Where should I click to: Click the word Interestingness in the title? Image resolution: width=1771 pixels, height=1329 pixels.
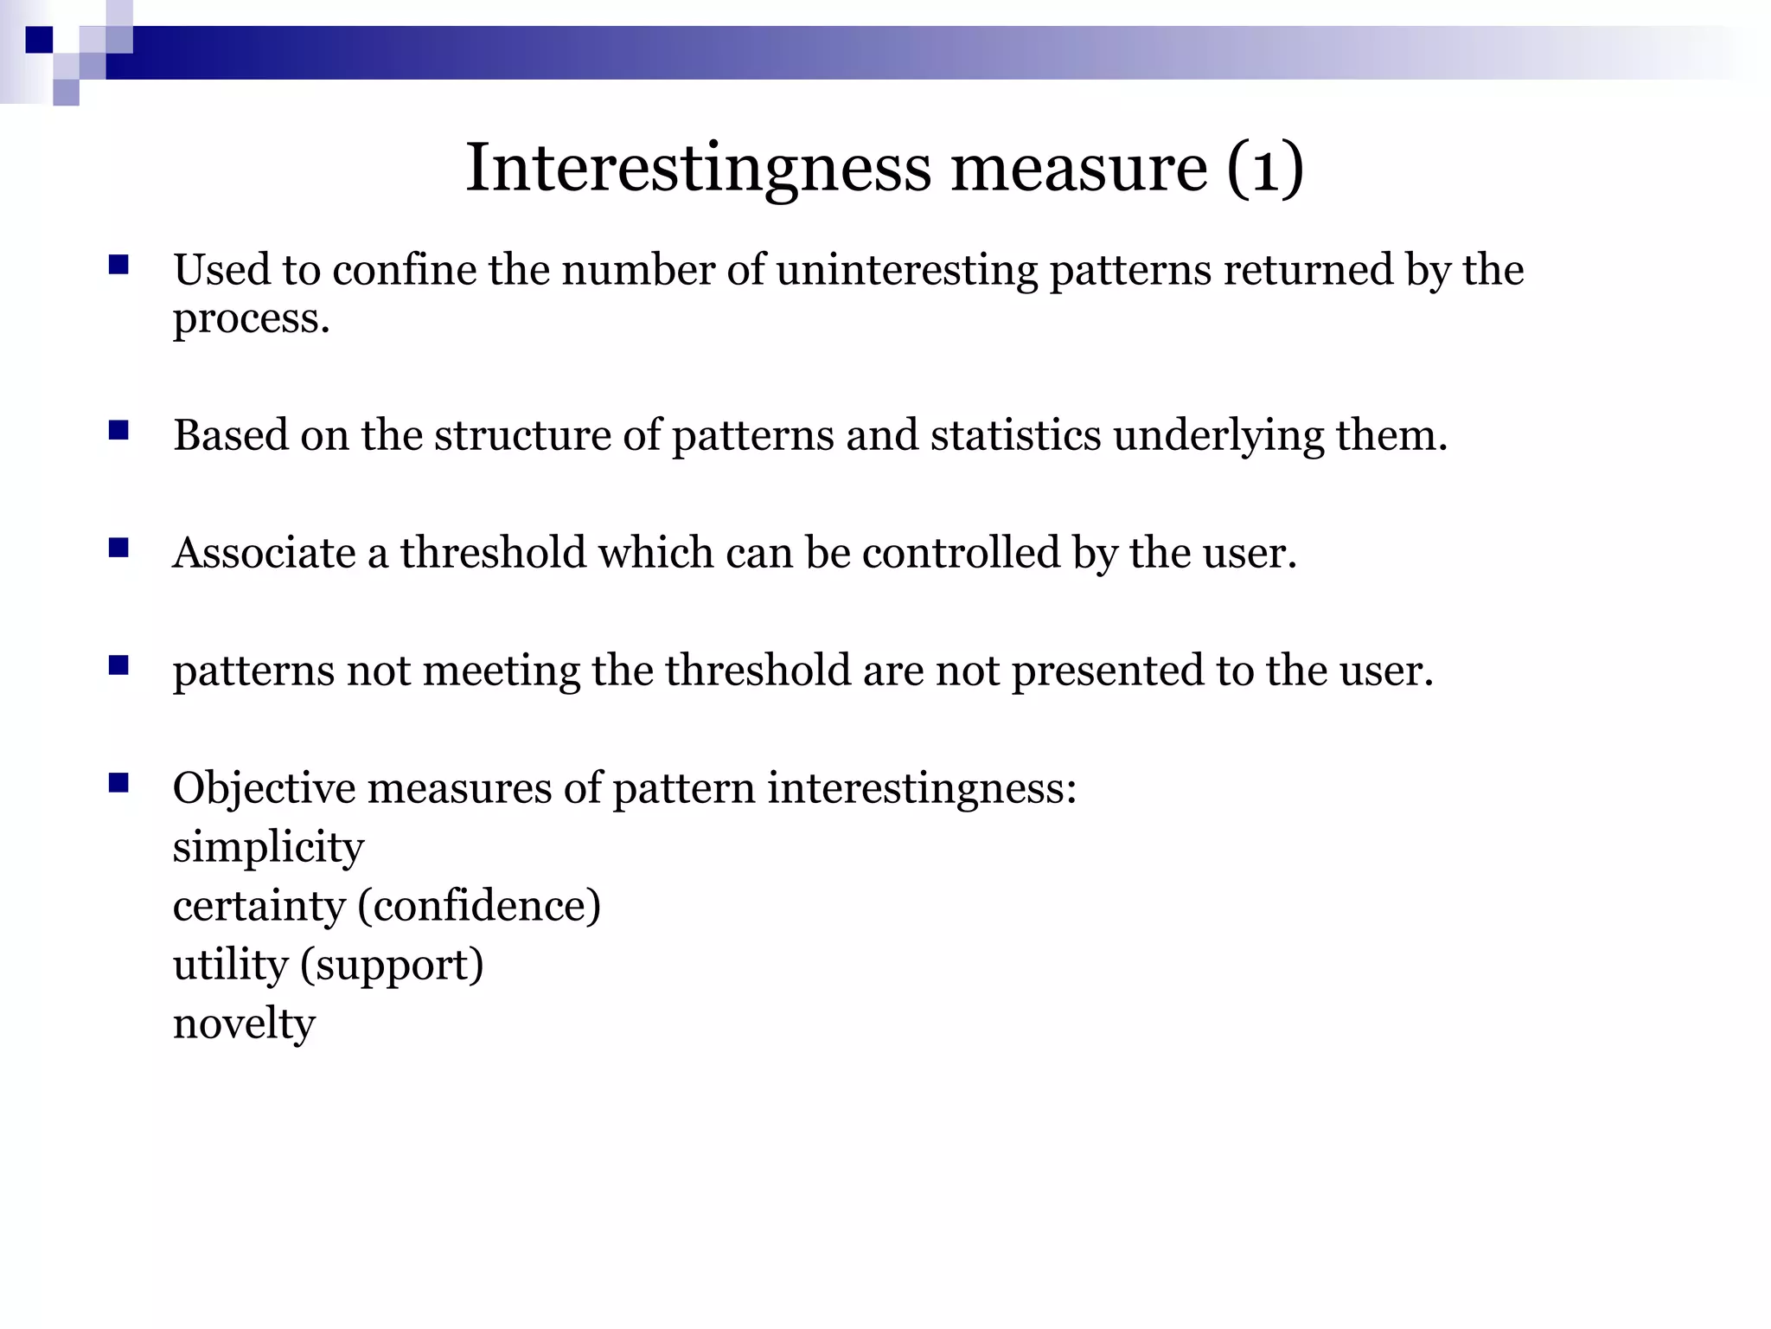(699, 168)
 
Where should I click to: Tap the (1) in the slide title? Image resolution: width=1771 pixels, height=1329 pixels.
(1264, 168)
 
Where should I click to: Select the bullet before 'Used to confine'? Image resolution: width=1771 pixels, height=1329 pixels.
(118, 265)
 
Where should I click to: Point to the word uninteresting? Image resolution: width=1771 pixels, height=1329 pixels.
(906, 270)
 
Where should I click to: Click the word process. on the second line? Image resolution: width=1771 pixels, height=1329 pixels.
(251, 318)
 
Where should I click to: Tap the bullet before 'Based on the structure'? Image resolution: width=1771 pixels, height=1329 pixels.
(118, 430)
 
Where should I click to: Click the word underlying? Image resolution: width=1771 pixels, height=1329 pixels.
(1218, 436)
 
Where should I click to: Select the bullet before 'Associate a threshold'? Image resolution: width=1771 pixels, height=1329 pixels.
(118, 548)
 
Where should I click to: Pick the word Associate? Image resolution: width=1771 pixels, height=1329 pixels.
(264, 553)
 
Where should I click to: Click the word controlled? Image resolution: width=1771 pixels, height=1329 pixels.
(961, 553)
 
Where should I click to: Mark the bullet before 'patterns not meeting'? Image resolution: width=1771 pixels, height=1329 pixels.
(118, 665)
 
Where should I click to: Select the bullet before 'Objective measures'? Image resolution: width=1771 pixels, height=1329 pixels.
(118, 783)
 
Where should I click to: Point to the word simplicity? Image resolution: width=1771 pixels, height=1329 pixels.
(268, 848)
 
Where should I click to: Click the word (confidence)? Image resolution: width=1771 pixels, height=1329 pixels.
(479, 906)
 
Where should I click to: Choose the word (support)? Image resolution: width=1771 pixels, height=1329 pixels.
(392, 966)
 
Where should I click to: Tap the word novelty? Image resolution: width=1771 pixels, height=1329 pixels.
(244, 1024)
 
